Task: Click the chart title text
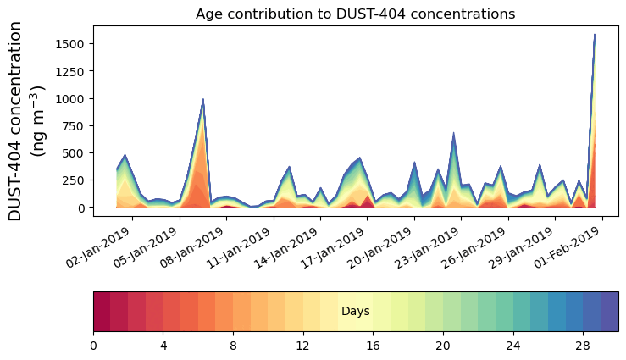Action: pyautogui.click(x=355, y=14)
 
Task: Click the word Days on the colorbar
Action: pyautogui.click(x=355, y=312)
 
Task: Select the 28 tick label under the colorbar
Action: pyautogui.click(x=583, y=346)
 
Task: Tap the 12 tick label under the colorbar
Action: pyautogui.click(x=303, y=346)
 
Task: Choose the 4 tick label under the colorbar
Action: pyautogui.click(x=163, y=346)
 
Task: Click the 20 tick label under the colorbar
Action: pyautogui.click(x=443, y=346)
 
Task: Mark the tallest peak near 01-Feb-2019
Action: pyautogui.click(x=595, y=36)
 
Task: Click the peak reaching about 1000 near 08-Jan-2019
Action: pyautogui.click(x=203, y=100)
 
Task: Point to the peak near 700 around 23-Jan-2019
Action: pyautogui.click(x=454, y=133)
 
